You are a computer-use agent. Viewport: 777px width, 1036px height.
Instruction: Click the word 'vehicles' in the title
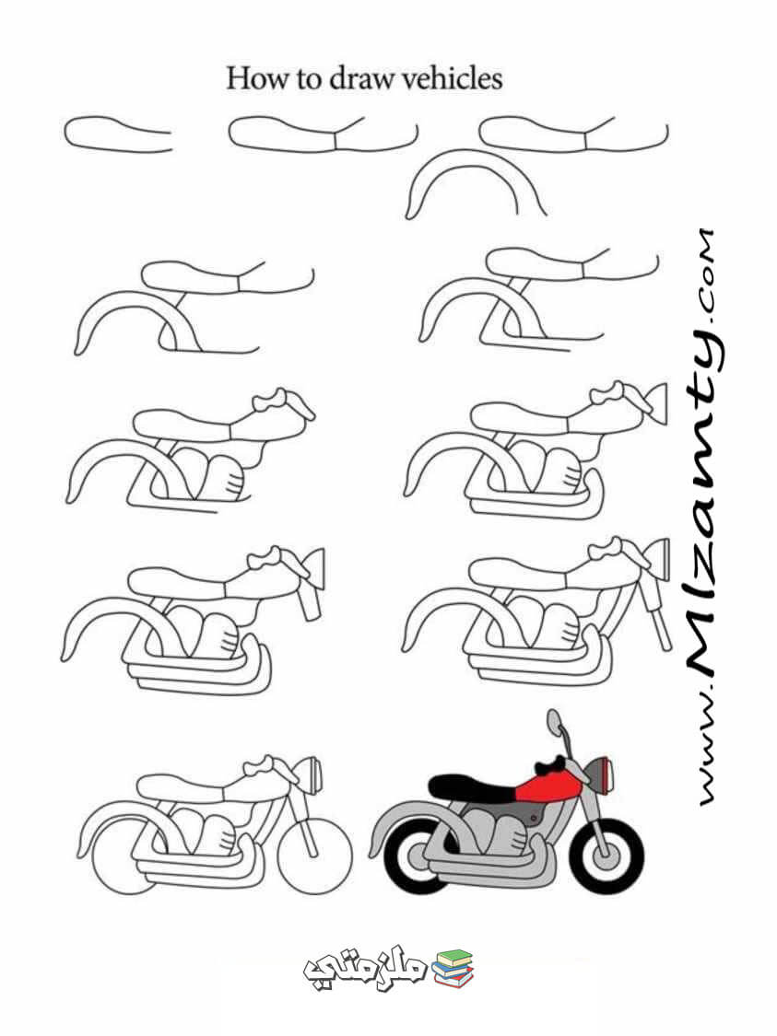pyautogui.click(x=453, y=78)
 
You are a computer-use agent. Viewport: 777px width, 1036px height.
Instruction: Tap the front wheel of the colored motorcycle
pyautogui.click(x=606, y=856)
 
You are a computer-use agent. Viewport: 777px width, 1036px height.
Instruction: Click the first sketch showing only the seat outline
pyautogui.click(x=118, y=134)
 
